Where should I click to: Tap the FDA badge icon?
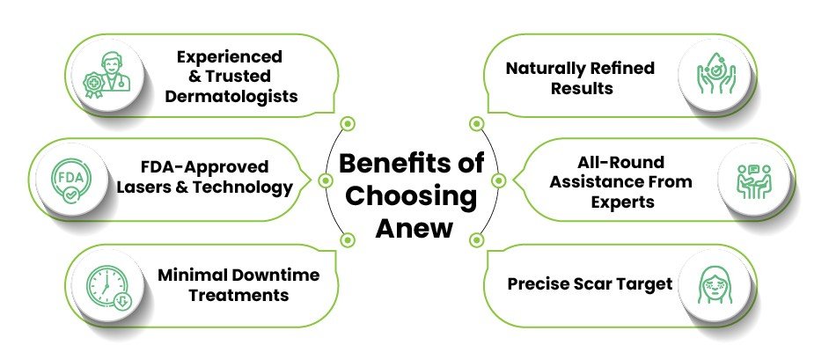pyautogui.click(x=68, y=179)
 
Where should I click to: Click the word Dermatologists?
pyautogui.click(x=230, y=95)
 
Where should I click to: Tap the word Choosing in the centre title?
pyautogui.click(x=410, y=196)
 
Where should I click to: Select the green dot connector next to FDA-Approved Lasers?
pyautogui.click(x=326, y=180)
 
